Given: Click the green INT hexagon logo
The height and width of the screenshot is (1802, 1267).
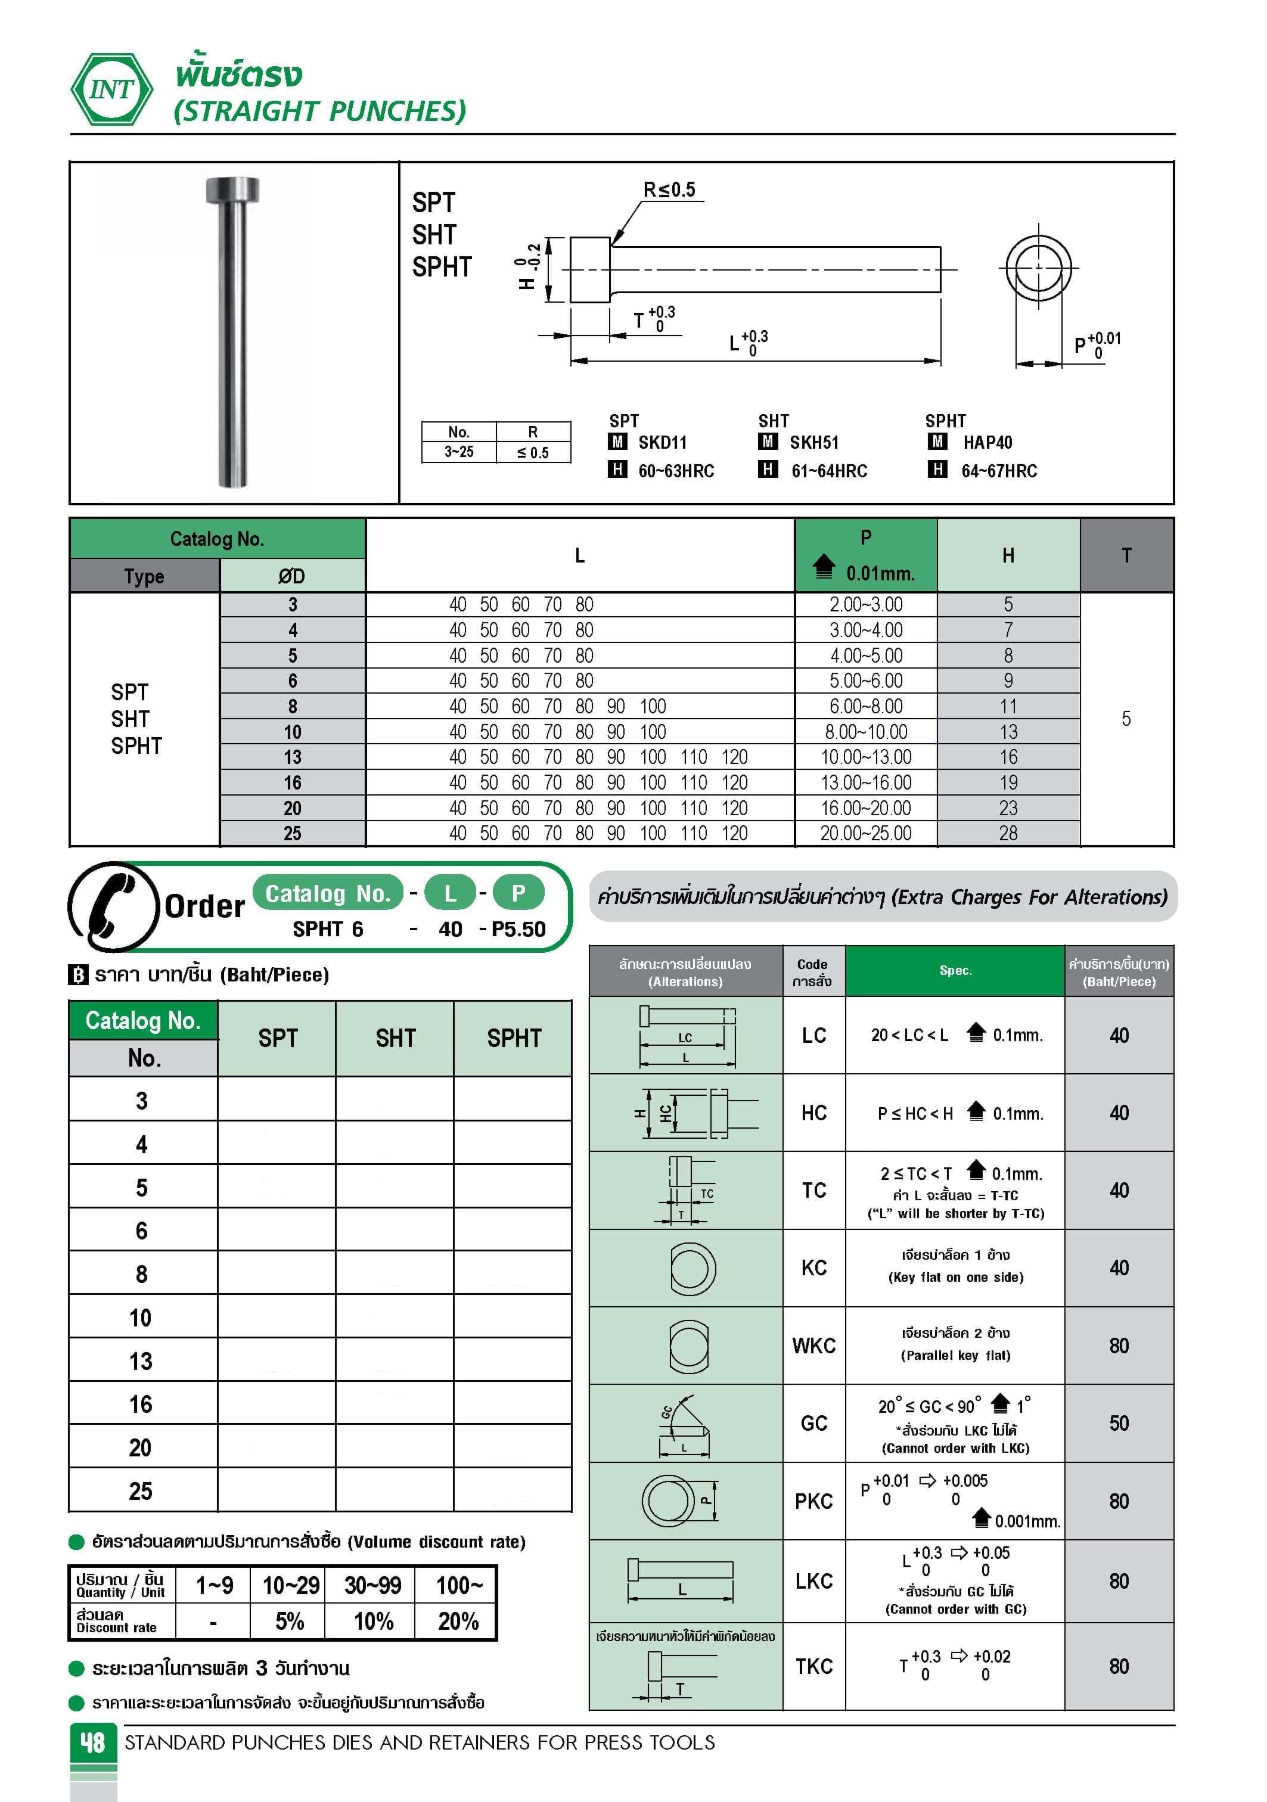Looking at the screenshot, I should (111, 89).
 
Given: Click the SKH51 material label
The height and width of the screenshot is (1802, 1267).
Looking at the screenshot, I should (813, 443).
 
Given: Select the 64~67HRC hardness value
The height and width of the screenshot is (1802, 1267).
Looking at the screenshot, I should (999, 471).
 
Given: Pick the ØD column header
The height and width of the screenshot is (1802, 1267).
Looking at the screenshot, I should (291, 576).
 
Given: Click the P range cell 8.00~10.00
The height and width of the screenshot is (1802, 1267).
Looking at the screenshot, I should (865, 732).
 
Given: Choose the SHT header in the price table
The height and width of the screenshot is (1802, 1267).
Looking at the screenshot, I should (395, 1038).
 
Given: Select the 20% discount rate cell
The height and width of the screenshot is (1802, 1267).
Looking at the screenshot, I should (458, 1621).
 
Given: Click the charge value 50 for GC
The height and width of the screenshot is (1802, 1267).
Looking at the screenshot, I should (1118, 1423).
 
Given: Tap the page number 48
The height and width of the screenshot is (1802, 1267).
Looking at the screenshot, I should (92, 1742).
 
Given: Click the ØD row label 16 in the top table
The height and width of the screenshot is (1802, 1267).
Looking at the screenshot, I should (292, 782).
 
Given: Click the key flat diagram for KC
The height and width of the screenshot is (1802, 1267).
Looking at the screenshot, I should (691, 1267).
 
